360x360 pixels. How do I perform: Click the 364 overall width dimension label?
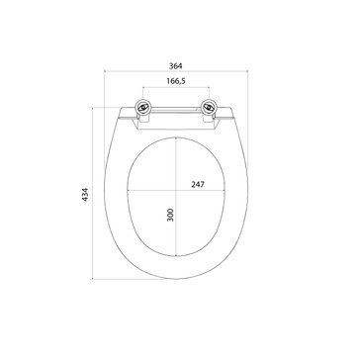tap(176, 66)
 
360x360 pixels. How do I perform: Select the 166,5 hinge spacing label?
tap(176, 81)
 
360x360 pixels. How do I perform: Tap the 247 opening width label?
tap(198, 185)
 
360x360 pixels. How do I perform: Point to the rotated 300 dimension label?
tap(170, 215)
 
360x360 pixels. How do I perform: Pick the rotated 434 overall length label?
tap(85, 195)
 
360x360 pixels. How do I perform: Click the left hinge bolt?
tap(142, 107)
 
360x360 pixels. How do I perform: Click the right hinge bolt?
tap(209, 107)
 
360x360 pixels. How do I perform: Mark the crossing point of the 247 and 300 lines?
tap(176, 191)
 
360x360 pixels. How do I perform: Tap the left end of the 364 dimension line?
tap(104, 71)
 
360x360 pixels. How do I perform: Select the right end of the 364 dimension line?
tap(247, 71)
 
